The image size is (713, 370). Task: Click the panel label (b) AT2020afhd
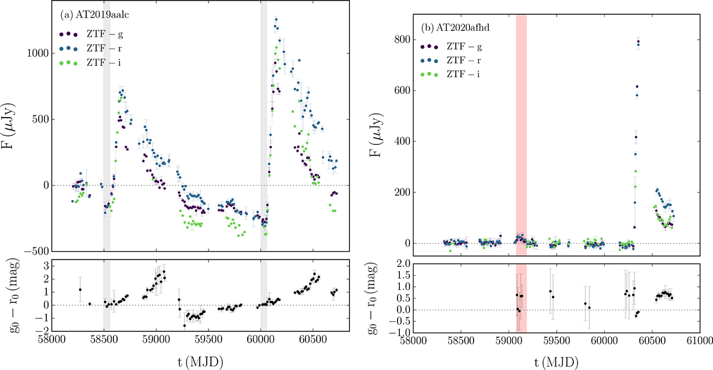452,27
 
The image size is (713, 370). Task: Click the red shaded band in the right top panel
521,119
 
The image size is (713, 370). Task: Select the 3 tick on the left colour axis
42,266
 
